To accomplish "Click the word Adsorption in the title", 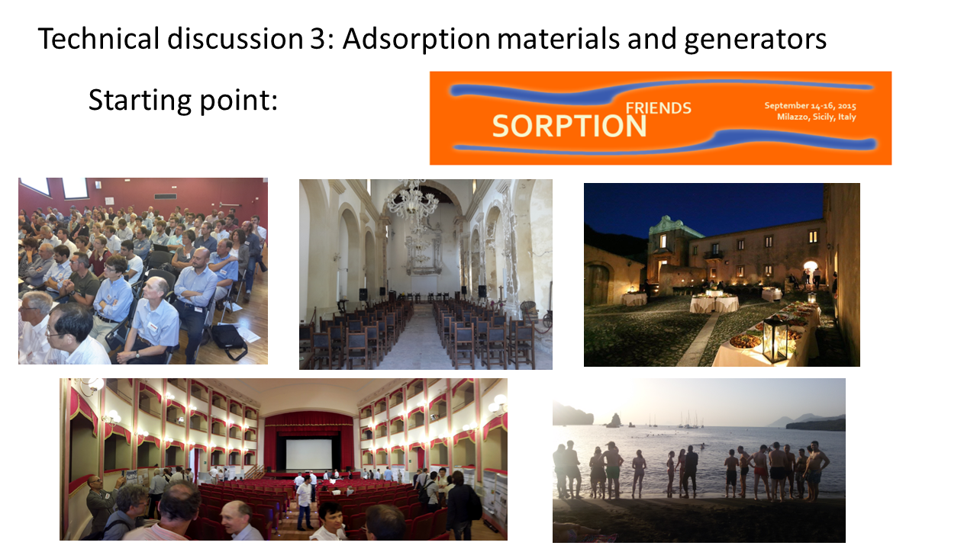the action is pyautogui.click(x=416, y=39).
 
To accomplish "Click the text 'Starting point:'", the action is pyautogui.click(x=182, y=101).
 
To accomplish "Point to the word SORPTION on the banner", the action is pyautogui.click(x=569, y=127).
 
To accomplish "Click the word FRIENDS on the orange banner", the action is pyautogui.click(x=658, y=108).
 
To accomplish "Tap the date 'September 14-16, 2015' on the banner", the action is pyautogui.click(x=810, y=106).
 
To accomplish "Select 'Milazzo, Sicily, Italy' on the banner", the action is pyautogui.click(x=816, y=117).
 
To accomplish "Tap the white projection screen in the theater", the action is pyautogui.click(x=309, y=454).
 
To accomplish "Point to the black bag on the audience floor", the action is pyautogui.click(x=229, y=341).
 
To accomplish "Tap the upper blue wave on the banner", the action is pyautogui.click(x=661, y=91).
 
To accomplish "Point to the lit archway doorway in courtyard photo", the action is pyautogui.click(x=811, y=272).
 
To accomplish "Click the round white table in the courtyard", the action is pyautogui.click(x=714, y=303).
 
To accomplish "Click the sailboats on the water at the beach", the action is pyautogui.click(x=689, y=420).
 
